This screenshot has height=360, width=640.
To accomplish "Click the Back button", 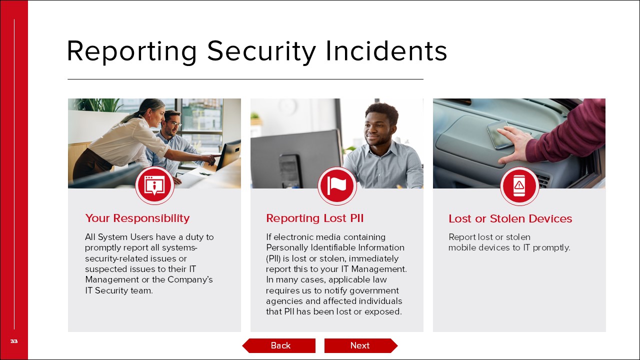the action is [x=279, y=345].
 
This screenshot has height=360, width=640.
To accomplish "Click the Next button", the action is [x=361, y=345].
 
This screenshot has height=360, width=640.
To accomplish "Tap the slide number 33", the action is [x=14, y=341].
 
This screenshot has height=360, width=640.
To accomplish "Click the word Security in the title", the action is [x=261, y=51].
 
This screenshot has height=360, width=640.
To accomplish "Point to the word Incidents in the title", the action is [x=386, y=51].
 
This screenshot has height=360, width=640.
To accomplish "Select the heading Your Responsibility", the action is [x=137, y=218].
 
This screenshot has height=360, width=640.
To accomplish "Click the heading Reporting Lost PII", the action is [x=315, y=218].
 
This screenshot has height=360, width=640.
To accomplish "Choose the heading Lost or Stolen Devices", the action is [x=510, y=218].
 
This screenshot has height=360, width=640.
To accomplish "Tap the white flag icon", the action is [x=337, y=185].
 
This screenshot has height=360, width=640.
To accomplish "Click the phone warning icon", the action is [x=519, y=185].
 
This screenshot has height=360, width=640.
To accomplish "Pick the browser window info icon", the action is [x=154, y=185].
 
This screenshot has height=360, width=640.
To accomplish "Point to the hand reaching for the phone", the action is [x=514, y=144].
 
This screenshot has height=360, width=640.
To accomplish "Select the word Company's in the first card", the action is [x=190, y=279].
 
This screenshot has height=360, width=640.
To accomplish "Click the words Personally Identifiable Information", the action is [x=335, y=247].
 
